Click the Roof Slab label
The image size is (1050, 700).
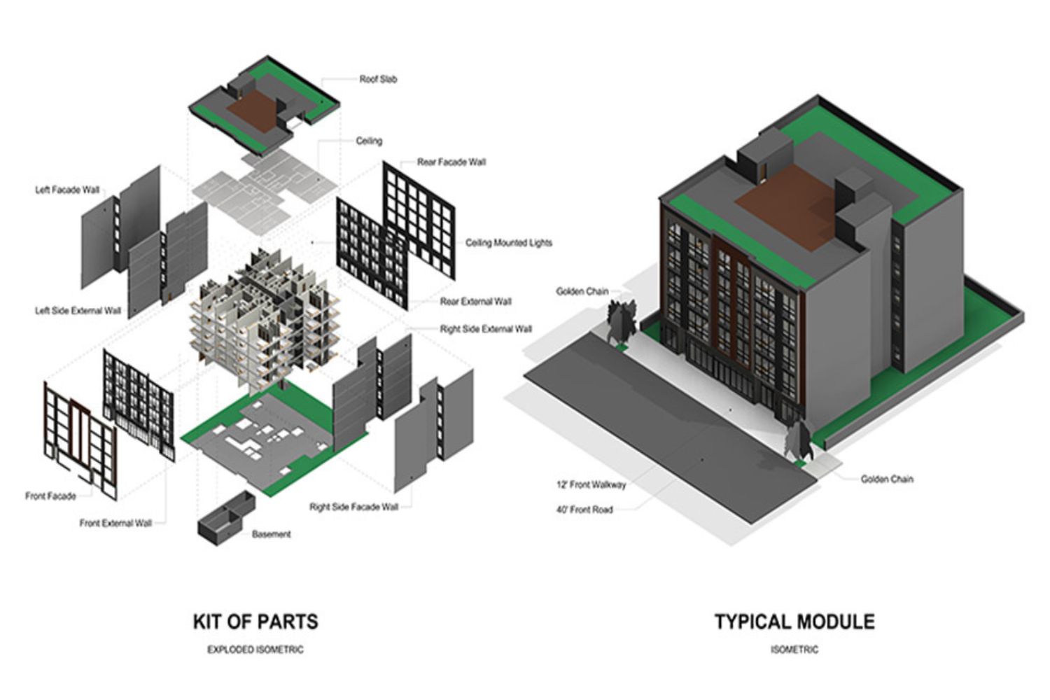click(378, 79)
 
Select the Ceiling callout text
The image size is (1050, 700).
click(369, 141)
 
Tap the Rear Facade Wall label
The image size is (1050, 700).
click(451, 162)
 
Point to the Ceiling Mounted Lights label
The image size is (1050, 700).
click(508, 243)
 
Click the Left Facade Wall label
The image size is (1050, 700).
click(67, 190)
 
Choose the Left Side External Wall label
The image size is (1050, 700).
click(78, 310)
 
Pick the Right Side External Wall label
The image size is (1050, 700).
click(486, 329)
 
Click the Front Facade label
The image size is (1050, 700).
click(50, 496)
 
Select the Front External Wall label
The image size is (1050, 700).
click(115, 523)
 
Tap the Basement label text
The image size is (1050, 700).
click(271, 534)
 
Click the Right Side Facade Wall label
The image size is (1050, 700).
click(353, 507)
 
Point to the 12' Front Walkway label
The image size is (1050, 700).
click(591, 484)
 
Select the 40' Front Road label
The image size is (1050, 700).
click(584, 510)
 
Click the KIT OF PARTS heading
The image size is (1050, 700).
click(255, 622)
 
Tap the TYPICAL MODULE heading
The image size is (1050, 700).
click(794, 622)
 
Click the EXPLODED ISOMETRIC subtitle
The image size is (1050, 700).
click(255, 650)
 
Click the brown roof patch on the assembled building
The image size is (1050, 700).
click(787, 203)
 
